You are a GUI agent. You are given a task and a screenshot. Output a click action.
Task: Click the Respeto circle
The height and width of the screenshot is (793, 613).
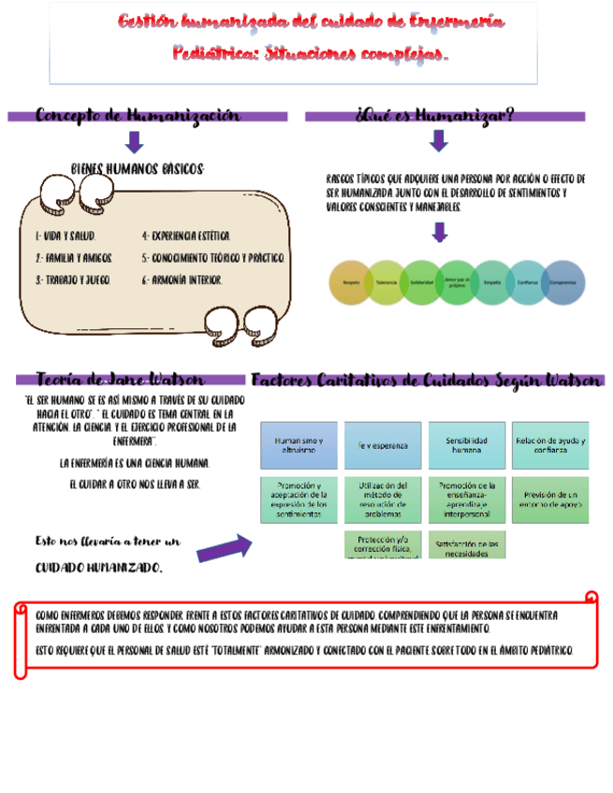point(352,282)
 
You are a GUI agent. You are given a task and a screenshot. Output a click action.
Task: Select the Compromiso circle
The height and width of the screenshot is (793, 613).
point(563,282)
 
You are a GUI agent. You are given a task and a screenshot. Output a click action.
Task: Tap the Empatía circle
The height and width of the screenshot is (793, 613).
point(492,282)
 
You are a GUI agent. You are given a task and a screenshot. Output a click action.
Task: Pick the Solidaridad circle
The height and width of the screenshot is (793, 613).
point(422,282)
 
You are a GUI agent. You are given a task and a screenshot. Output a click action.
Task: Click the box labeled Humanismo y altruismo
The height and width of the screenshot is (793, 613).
point(299,445)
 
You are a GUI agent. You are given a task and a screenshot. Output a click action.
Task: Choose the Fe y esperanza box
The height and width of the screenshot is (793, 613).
point(382,445)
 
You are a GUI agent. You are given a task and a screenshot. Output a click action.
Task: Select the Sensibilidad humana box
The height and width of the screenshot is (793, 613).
point(466,445)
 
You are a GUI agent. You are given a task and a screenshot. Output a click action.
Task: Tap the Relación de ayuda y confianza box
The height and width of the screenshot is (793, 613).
point(549,445)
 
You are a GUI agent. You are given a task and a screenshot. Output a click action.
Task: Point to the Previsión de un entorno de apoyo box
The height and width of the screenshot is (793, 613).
point(549,499)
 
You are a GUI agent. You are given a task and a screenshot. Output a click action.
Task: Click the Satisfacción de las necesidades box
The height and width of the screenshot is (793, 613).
point(466,546)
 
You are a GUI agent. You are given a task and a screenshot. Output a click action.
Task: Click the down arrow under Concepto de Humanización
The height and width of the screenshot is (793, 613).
point(134,141)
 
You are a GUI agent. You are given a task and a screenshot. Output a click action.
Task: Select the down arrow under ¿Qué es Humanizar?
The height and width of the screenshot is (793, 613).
point(438,140)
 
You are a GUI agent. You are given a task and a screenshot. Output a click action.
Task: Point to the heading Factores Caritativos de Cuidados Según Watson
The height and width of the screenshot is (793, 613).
point(426,381)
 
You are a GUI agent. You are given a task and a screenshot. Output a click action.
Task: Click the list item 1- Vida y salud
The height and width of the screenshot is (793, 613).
point(65,238)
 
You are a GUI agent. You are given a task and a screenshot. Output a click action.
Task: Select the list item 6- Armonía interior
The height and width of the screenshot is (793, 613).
point(182,280)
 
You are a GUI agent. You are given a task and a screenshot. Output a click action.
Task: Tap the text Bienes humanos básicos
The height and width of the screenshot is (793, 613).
point(137,168)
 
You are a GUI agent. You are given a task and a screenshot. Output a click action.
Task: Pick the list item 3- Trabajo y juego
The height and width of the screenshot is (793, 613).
point(72,280)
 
